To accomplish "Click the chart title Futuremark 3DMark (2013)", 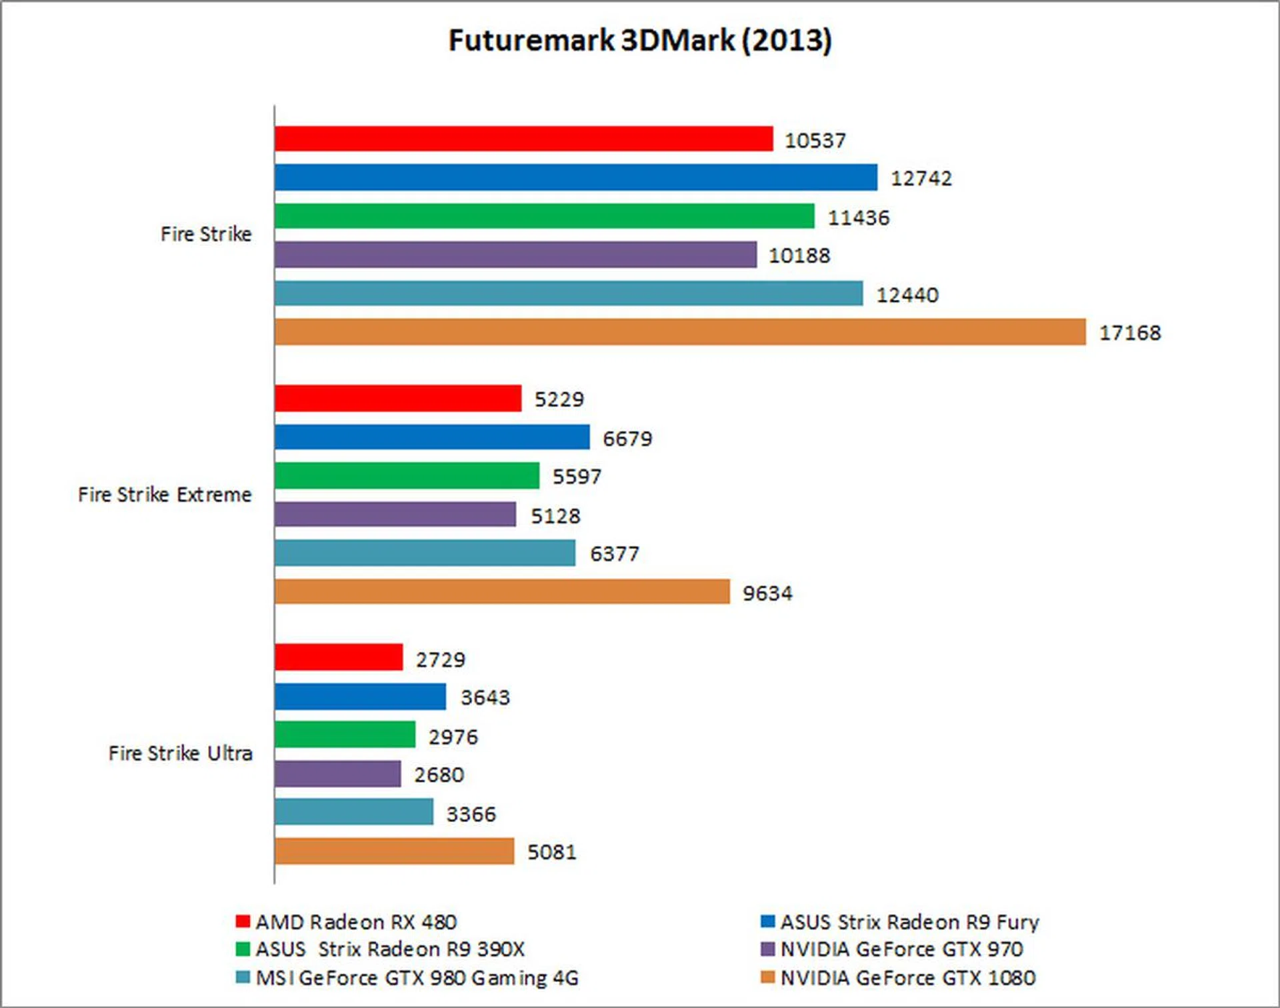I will [x=640, y=41].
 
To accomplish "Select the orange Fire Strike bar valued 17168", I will [x=680, y=332].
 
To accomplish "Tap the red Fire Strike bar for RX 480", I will [x=523, y=139].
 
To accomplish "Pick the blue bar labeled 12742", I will [x=575, y=177].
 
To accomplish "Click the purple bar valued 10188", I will [x=515, y=255].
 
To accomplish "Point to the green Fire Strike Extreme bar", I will [x=407, y=475].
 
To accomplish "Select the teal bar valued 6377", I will [x=425, y=553].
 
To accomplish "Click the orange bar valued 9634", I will [x=502, y=591].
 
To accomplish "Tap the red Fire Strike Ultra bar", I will [x=339, y=657].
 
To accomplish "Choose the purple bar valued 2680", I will [x=337, y=774].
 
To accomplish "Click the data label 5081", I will [x=552, y=852].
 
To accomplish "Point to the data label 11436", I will [x=859, y=218].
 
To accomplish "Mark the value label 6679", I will [x=627, y=439].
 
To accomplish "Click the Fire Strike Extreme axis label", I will [x=165, y=495].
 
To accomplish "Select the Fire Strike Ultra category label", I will [x=180, y=753].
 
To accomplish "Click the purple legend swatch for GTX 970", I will [x=768, y=949].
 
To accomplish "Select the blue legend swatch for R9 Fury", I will [x=768, y=921].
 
